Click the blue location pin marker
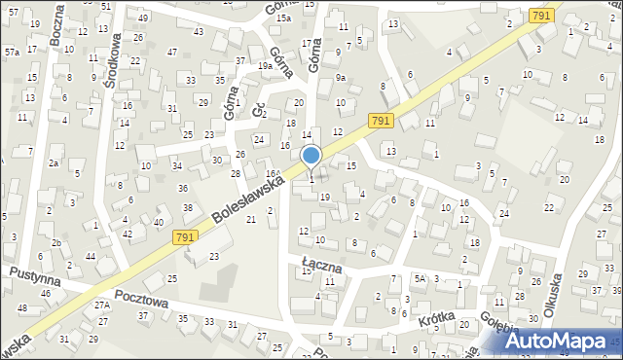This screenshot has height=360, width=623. (311, 156)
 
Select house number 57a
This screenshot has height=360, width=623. (12, 52)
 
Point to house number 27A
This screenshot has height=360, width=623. (102, 305)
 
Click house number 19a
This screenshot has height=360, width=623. (265, 66)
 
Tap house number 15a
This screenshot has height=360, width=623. (283, 18)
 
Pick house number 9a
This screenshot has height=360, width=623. (341, 77)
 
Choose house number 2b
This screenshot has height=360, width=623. (57, 242)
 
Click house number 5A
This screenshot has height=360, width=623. (420, 278)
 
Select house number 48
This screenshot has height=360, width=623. (21, 307)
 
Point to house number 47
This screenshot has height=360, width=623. (171, 52)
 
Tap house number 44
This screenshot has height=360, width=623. (91, 256)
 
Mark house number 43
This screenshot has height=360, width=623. (198, 32)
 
